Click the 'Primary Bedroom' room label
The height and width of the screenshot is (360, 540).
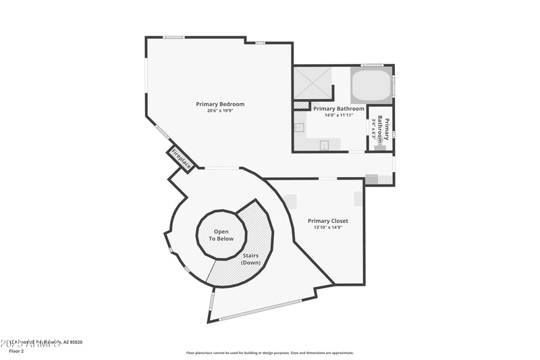tap(220, 104)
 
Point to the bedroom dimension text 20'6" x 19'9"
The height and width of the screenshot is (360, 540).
tap(220, 111)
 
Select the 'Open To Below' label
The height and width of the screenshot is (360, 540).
tap(221, 235)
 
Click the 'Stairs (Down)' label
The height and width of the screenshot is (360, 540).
tap(250, 259)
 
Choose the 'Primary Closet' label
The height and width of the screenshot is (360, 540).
tap(327, 221)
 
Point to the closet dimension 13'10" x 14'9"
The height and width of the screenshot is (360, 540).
tap(327, 228)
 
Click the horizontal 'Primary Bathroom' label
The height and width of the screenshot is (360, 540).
tap(339, 108)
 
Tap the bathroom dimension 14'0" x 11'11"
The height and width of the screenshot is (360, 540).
tap(339, 115)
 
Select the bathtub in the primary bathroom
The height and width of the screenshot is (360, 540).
tap(371, 85)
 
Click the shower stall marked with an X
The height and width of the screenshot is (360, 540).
tap(313, 84)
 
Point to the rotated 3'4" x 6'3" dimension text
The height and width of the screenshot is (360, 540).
tap(374, 128)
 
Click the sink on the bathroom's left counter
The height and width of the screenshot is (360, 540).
tap(300, 126)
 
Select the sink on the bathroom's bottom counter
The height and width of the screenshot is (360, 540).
tap(324, 145)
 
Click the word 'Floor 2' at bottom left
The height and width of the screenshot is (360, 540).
tap(16, 351)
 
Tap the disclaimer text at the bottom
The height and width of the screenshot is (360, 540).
tap(269, 353)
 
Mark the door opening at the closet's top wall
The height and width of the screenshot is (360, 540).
tap(328, 178)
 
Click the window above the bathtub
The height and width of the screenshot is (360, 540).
tap(372, 65)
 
